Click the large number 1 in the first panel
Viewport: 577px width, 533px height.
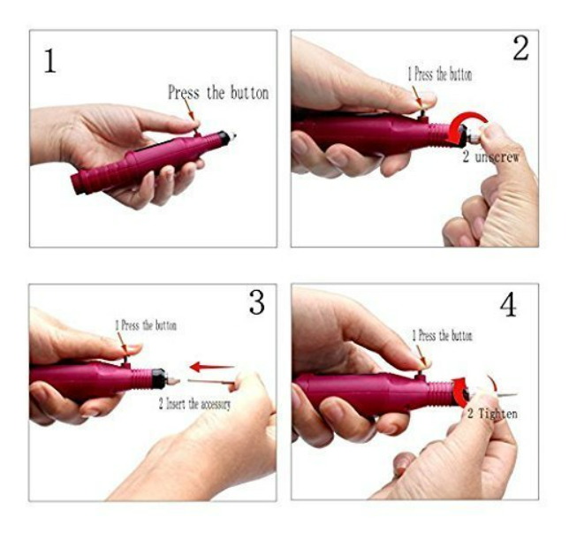pyautogui.click(x=50, y=61)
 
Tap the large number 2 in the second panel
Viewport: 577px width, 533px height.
pyautogui.click(x=520, y=48)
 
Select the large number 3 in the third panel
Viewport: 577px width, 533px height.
pyautogui.click(x=257, y=302)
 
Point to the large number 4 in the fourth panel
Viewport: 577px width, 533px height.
pyautogui.click(x=508, y=305)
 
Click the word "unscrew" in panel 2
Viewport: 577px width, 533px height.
pyautogui.click(x=497, y=157)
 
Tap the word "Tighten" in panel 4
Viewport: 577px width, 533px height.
pyautogui.click(x=497, y=414)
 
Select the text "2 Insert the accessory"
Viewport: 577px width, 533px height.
pyautogui.click(x=194, y=404)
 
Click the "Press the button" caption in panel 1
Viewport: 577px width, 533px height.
pyautogui.click(x=218, y=93)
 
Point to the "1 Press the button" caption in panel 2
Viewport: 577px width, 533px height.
pyautogui.click(x=439, y=74)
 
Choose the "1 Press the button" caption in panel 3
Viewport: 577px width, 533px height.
pyautogui.click(x=146, y=325)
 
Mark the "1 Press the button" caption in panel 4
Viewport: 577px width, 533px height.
pyautogui.click(x=442, y=335)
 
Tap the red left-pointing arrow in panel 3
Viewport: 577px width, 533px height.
pyautogui.click(x=212, y=367)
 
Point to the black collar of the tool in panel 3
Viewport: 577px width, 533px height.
pyautogui.click(x=158, y=378)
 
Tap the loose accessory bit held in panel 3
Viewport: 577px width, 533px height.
pyautogui.click(x=210, y=381)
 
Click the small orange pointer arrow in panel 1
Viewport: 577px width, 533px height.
pyautogui.click(x=189, y=110)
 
